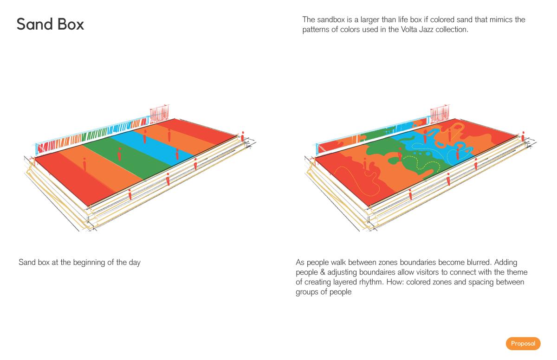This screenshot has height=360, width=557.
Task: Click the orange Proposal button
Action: coord(523,344)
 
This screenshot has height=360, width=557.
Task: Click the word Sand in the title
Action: coord(34,24)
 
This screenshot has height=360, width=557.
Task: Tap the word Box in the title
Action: coord(71,24)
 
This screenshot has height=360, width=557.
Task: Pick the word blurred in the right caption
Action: coord(479,263)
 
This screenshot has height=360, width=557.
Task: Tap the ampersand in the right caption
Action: coord(323,272)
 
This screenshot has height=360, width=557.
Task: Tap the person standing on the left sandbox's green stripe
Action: coord(120,154)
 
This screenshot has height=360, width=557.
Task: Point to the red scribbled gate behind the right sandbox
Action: coord(440,114)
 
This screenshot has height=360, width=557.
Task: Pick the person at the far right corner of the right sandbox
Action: coord(523,137)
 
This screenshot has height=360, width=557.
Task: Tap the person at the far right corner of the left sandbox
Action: coord(243,137)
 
